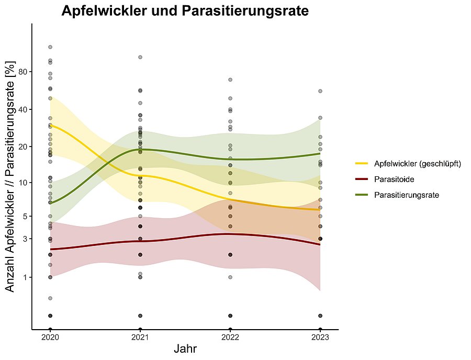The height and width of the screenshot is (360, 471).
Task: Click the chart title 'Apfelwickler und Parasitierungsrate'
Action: (x=185, y=11)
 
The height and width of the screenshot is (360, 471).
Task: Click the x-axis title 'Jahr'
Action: (x=185, y=348)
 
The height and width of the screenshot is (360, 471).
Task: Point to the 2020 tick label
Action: (x=50, y=337)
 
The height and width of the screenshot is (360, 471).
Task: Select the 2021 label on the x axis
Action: (x=140, y=337)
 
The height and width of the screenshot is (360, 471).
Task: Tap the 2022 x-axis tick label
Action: (x=230, y=337)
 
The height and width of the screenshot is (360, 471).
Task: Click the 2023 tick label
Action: (x=320, y=337)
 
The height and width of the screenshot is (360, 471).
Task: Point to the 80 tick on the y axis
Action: (x=23, y=72)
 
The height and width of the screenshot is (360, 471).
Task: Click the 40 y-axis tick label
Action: (x=23, y=109)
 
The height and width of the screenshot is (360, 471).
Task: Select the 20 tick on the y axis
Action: (x=23, y=147)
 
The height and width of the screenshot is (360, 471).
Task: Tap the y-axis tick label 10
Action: (x=23, y=183)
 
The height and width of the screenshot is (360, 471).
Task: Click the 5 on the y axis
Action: (x=25, y=216)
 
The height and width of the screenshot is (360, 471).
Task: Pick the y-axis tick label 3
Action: (x=25, y=239)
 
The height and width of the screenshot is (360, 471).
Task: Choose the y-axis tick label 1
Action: (x=25, y=277)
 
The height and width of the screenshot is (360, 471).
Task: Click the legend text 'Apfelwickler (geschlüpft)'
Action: (x=417, y=164)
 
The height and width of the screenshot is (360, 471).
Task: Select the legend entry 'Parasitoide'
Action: (x=395, y=179)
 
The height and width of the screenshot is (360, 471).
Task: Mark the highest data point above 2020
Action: (x=50, y=47)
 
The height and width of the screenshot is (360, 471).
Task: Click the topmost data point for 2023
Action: (x=320, y=91)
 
